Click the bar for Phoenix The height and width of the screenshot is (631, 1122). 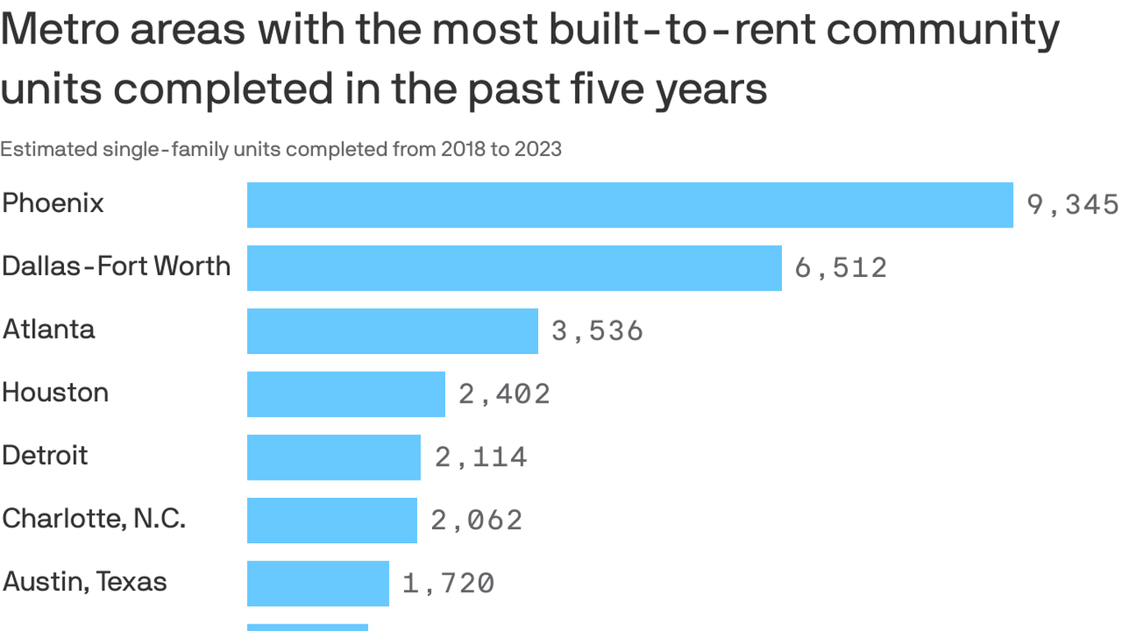(630, 205)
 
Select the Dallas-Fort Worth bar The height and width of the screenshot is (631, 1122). (514, 268)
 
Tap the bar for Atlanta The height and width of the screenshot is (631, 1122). (393, 331)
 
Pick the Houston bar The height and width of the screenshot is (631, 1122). (346, 394)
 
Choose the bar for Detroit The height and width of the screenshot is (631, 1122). (333, 457)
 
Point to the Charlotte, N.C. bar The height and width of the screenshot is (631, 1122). (332, 520)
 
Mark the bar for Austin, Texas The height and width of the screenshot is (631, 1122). (318, 583)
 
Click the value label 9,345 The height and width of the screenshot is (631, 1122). (1073, 205)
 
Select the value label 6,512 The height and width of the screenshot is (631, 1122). (841, 268)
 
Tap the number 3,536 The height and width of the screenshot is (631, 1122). (597, 331)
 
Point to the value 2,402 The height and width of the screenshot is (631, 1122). (504, 394)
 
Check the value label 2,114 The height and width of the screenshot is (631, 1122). (481, 457)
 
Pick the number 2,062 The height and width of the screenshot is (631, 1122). (476, 520)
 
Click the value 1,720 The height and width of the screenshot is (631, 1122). (448, 583)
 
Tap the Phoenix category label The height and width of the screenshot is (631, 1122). (53, 203)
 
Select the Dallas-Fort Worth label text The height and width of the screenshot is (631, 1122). (116, 266)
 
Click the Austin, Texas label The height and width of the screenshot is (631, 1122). (85, 582)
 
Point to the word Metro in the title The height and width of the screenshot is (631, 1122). (62, 30)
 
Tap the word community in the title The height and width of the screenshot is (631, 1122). (942, 30)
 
